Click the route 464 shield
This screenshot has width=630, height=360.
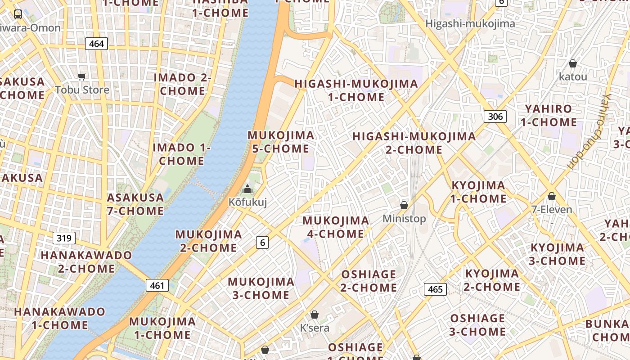point(96,44)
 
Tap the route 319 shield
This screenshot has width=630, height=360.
point(64,238)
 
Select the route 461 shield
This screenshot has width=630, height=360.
point(157,285)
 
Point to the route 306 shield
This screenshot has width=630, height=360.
point(495,117)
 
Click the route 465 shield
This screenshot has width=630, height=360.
point(435,289)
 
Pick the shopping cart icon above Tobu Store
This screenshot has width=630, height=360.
point(81,76)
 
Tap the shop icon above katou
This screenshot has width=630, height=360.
point(573,63)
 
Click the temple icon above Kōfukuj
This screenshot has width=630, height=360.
point(247,189)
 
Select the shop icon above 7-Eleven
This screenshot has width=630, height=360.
point(552,196)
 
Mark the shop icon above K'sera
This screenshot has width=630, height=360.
point(315,315)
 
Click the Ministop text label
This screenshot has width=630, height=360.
point(404,219)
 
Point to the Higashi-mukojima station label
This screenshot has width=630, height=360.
point(470,23)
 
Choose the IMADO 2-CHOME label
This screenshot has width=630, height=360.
point(183,84)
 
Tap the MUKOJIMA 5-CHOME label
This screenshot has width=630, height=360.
point(281,142)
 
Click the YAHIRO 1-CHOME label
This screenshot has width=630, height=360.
point(549,115)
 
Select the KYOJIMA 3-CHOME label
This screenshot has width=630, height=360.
point(558,254)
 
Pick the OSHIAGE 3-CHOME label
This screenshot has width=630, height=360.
point(478,325)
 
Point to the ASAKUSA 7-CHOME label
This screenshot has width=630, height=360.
point(135,204)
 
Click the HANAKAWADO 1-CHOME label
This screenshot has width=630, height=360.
point(60,318)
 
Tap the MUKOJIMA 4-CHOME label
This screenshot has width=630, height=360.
point(336,227)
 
